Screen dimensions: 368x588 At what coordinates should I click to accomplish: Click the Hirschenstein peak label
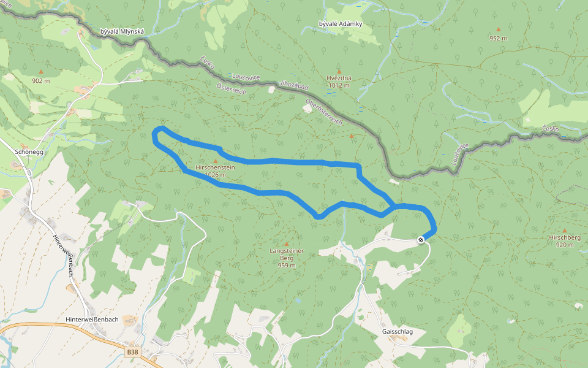click(x=215, y=167)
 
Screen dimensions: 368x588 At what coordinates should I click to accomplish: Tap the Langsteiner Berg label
click(x=287, y=251)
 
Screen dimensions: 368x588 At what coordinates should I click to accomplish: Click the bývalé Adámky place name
click(x=341, y=24)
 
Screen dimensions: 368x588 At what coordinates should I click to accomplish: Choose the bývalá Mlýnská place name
click(x=122, y=31)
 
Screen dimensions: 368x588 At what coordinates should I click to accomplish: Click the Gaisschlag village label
click(x=397, y=332)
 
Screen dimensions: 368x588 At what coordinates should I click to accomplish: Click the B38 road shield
click(x=133, y=353)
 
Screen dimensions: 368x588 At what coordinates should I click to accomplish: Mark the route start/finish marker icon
click(x=421, y=240)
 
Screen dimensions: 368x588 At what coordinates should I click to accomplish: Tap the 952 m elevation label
click(x=498, y=38)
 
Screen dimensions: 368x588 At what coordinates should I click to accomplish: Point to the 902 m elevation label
click(x=41, y=80)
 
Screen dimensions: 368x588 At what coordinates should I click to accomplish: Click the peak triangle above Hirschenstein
click(x=215, y=161)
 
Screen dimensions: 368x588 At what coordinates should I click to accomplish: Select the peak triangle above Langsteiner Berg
click(x=286, y=243)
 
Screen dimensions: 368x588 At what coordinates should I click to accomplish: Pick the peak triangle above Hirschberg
click(x=564, y=230)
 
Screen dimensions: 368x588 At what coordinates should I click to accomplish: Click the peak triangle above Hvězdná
click(x=338, y=71)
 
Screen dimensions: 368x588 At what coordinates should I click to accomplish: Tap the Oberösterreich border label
click(x=323, y=110)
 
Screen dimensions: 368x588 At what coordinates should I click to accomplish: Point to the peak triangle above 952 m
click(x=498, y=29)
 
